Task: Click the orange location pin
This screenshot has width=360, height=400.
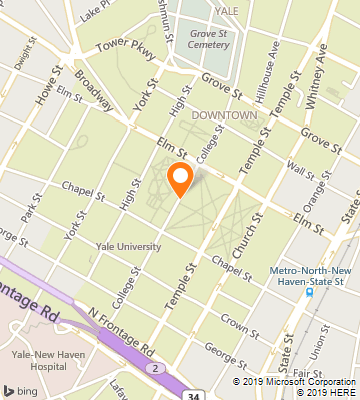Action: coord(180,178)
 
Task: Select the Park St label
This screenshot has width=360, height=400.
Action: coord(30,212)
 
